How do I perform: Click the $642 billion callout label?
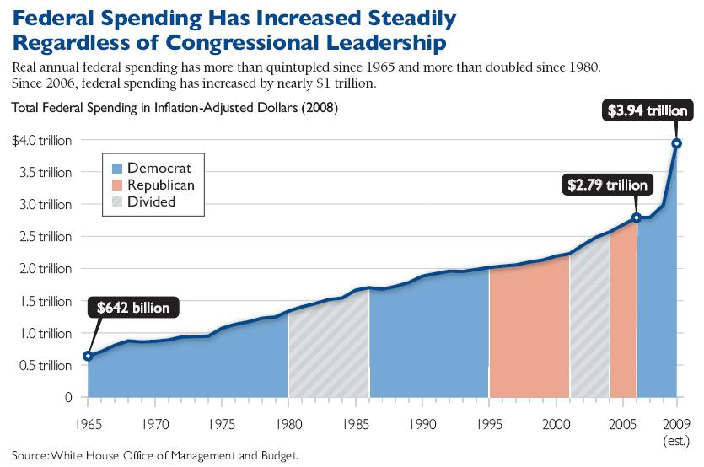(x=133, y=309)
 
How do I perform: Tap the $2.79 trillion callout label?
(x=608, y=185)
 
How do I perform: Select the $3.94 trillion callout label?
(x=650, y=110)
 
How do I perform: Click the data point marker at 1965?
(x=88, y=356)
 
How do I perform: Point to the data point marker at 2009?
(x=676, y=142)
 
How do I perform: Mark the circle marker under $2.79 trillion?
(x=637, y=217)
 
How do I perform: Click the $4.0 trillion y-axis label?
(x=42, y=141)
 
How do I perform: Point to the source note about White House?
(x=155, y=456)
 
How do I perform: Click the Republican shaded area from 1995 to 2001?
(x=529, y=337)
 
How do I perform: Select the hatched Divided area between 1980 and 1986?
(x=328, y=354)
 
